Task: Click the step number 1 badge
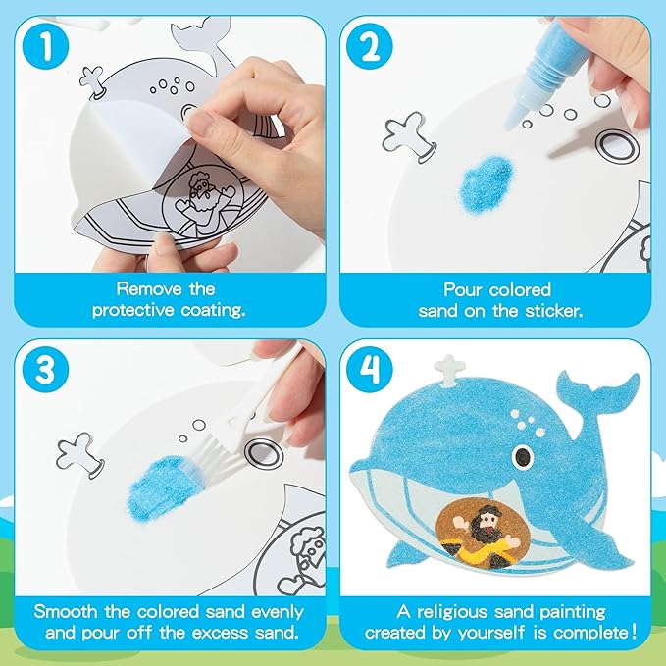pyautogui.click(x=45, y=46)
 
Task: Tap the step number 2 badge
pyautogui.click(x=370, y=46)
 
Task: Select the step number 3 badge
pyautogui.click(x=45, y=370)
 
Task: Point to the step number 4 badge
pyautogui.click(x=370, y=370)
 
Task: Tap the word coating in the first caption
pyautogui.click(x=213, y=310)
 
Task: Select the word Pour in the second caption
pyautogui.click(x=462, y=290)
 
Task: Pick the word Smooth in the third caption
pyautogui.click(x=66, y=612)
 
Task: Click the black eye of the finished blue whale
pyautogui.click(x=523, y=457)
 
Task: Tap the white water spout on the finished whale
pyautogui.click(x=450, y=371)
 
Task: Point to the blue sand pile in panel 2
pyautogui.click(x=487, y=180)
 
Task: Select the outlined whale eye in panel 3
pyautogui.click(x=264, y=454)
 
